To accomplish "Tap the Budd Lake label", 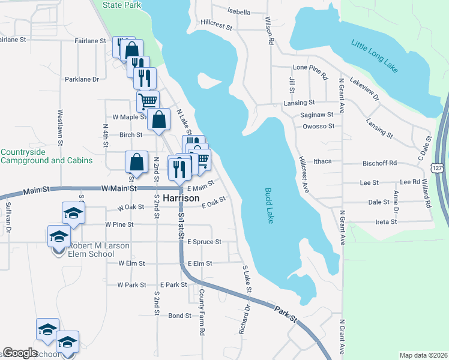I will pos(269,206).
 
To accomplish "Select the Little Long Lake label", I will pos(375,56).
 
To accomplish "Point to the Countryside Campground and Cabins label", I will pos(46,156).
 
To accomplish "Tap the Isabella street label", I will pos(239,11).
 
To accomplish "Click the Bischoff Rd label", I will pos(380,163).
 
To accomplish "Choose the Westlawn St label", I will pos(61,127).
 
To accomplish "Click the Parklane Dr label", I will pos(82,79).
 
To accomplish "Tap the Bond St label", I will pos(179,316).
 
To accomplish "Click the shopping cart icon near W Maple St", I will pos(148,100).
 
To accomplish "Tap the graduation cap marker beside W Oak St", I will pos(73,212).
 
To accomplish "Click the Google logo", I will pos(20,353).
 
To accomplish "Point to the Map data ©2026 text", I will pos(423,355).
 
